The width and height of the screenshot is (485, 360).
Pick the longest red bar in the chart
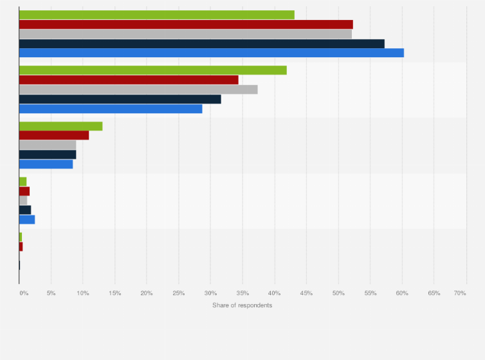pos(186,24)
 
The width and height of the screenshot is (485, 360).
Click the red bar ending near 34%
pos(129,80)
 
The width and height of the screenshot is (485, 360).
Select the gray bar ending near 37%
pos(138,89)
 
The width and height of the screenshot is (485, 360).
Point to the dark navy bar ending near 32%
pos(120,99)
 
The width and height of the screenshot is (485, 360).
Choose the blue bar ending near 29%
pos(111,109)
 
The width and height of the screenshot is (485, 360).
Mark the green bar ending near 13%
pos(60,126)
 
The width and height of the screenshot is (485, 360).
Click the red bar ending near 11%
pos(54,135)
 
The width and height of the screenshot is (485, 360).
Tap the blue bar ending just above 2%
pos(27,219)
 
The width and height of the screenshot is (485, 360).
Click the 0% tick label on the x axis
pos(23,293)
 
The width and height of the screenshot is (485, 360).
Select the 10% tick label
pos(83,293)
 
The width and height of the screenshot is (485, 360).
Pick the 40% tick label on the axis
pos(275,293)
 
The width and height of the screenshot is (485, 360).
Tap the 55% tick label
pos(371,293)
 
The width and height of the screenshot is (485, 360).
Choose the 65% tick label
pos(434,293)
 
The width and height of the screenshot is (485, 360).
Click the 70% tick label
pos(460,293)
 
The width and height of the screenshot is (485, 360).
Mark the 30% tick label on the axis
pos(211,293)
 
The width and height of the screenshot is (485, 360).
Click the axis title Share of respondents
pos(243,305)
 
